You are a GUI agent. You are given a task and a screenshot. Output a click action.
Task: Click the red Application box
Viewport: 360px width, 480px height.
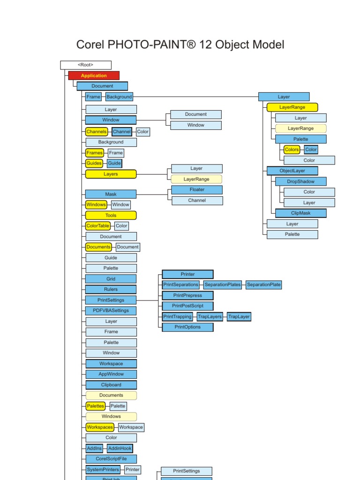click(x=94, y=75)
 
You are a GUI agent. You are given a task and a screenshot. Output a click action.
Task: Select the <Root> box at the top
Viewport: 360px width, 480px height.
click(x=86, y=65)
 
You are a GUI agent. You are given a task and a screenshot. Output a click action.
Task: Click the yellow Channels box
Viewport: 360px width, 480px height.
click(x=97, y=132)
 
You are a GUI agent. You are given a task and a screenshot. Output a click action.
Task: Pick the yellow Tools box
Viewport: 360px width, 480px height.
click(x=111, y=216)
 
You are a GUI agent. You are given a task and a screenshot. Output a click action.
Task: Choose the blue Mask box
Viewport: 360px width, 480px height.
click(x=111, y=194)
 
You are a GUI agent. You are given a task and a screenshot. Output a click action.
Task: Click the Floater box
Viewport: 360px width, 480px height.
click(x=197, y=190)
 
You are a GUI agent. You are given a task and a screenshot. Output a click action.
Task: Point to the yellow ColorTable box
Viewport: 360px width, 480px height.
click(x=98, y=226)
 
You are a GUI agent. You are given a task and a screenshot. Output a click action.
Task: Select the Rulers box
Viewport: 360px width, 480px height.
click(x=111, y=289)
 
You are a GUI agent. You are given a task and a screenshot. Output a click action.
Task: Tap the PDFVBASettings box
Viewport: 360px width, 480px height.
click(x=111, y=310)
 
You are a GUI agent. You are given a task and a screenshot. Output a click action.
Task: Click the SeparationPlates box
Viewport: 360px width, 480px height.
click(x=222, y=285)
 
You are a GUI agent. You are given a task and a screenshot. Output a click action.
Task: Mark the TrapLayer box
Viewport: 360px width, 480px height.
click(x=239, y=316)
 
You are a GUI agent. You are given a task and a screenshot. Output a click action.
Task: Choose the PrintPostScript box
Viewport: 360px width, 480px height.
click(x=187, y=306)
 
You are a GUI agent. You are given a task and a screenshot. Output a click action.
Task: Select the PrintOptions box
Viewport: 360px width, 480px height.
click(x=187, y=327)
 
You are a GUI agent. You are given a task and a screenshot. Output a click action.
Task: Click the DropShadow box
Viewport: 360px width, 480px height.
click(x=301, y=181)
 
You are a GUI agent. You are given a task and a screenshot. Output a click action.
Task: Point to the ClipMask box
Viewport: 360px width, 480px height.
click(x=301, y=213)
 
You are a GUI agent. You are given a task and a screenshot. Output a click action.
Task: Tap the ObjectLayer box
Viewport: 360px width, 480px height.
click(x=292, y=171)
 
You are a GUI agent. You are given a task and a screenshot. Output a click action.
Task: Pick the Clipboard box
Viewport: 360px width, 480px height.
click(x=111, y=385)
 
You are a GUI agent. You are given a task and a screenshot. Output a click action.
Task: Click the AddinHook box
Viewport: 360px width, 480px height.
click(x=120, y=448)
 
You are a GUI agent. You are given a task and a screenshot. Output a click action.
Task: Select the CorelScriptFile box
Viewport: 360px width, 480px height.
click(x=111, y=459)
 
